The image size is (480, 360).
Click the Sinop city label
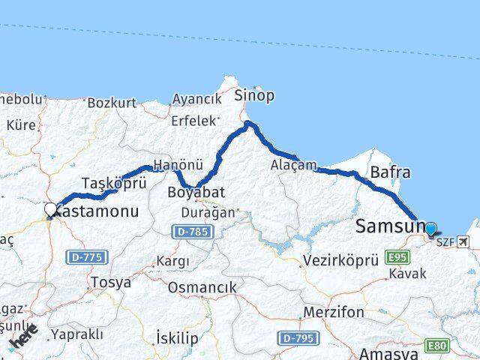coord(254,95)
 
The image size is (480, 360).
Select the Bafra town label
coord(390,172)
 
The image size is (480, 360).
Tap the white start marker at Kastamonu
coord(50,209)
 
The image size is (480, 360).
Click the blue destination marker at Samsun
coord(430,228)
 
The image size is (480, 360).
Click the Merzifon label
coord(334,311)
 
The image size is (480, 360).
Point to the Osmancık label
coord(202,287)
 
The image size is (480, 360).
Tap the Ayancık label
coord(196,99)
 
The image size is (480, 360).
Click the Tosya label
coord(110,283)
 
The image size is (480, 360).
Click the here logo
coord(24,336)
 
